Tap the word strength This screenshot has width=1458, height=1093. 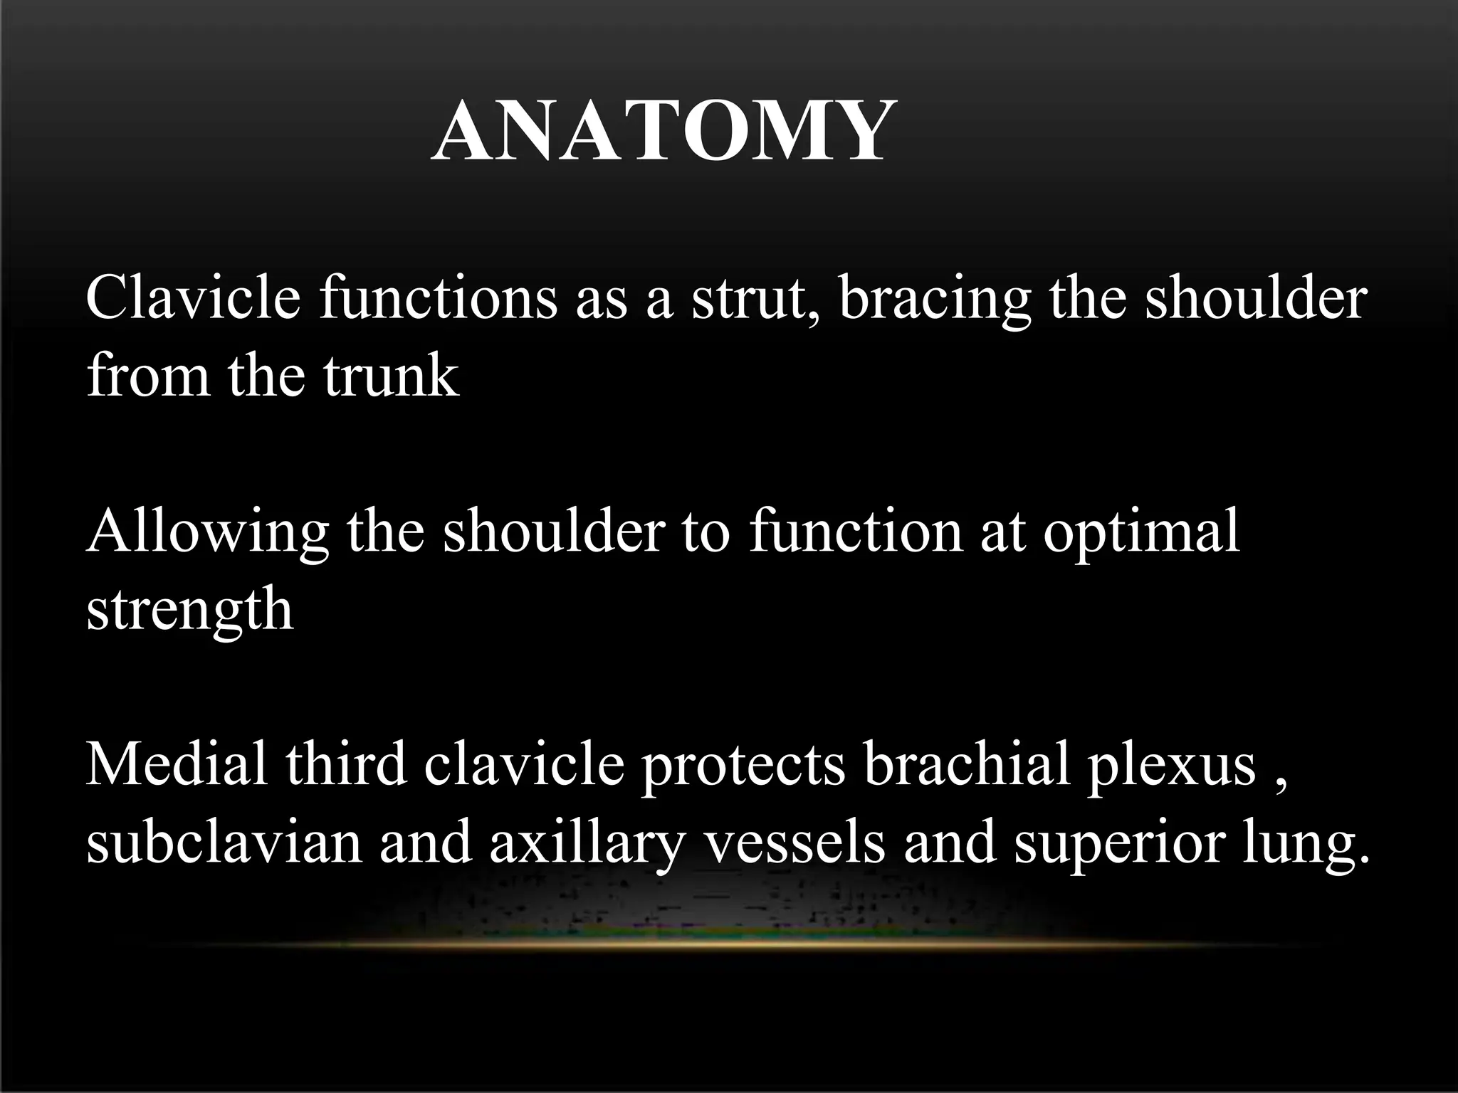(189, 610)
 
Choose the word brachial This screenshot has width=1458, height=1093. (967, 765)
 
